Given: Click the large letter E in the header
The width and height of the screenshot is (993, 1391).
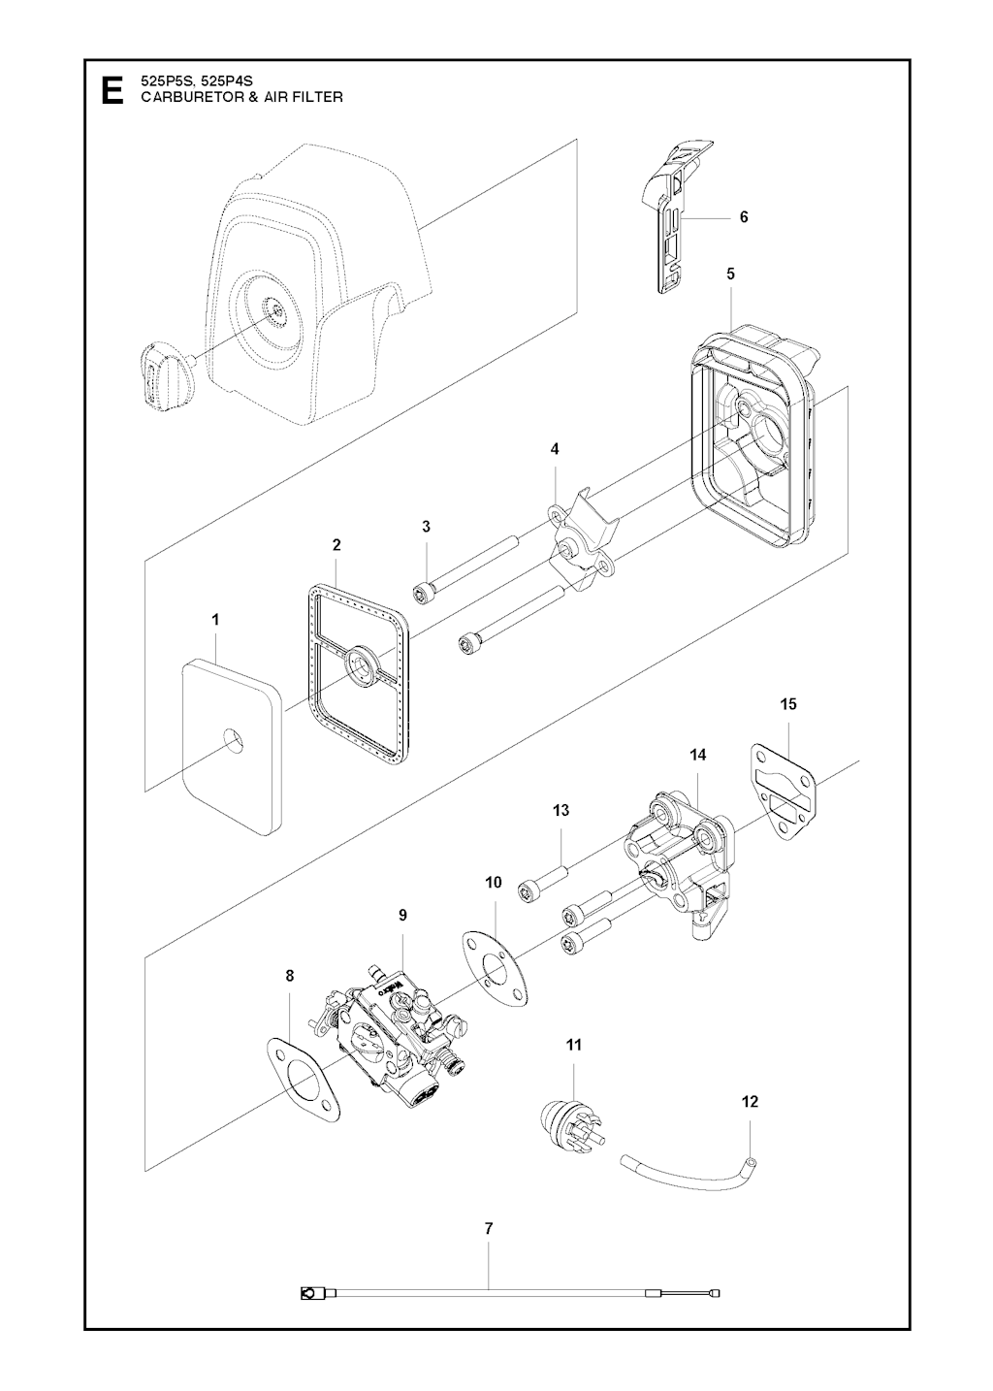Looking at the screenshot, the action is point(112,89).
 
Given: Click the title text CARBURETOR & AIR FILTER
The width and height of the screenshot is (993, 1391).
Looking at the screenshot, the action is point(242,97).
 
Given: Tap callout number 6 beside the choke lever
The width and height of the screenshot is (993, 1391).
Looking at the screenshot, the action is point(744,217).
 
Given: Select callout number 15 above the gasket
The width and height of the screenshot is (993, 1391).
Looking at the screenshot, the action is point(788,704).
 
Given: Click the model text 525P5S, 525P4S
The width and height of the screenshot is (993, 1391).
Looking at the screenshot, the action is point(198,81).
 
